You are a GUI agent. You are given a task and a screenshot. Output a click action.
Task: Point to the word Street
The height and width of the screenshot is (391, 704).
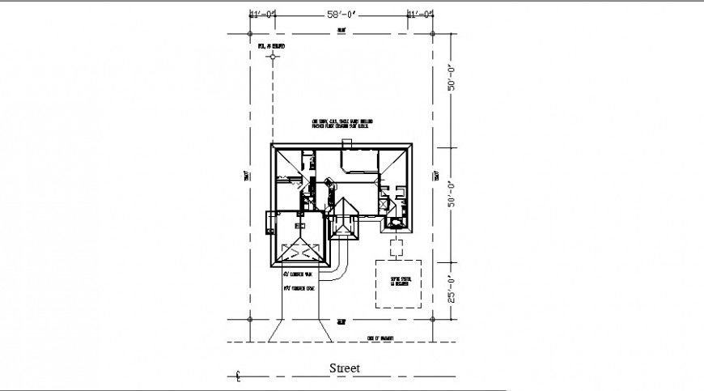tap(344, 368)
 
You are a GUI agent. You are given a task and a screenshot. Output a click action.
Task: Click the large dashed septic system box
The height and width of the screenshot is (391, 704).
tap(398, 283)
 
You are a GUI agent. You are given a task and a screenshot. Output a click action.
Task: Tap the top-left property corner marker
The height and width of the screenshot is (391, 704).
tap(250, 34)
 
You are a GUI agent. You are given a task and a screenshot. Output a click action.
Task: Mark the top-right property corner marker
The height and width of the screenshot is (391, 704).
tap(433, 34)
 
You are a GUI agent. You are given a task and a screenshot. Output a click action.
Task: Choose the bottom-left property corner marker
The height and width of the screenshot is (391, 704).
tap(250, 319)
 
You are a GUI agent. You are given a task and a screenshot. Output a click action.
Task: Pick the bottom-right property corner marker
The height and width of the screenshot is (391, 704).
tap(433, 319)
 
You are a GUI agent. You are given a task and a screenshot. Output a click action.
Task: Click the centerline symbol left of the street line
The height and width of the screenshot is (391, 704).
tap(238, 376)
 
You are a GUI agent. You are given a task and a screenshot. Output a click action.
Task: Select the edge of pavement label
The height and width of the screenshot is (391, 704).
tap(380, 338)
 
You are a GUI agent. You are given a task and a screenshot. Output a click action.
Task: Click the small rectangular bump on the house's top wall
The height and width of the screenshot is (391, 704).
tap(347, 144)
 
